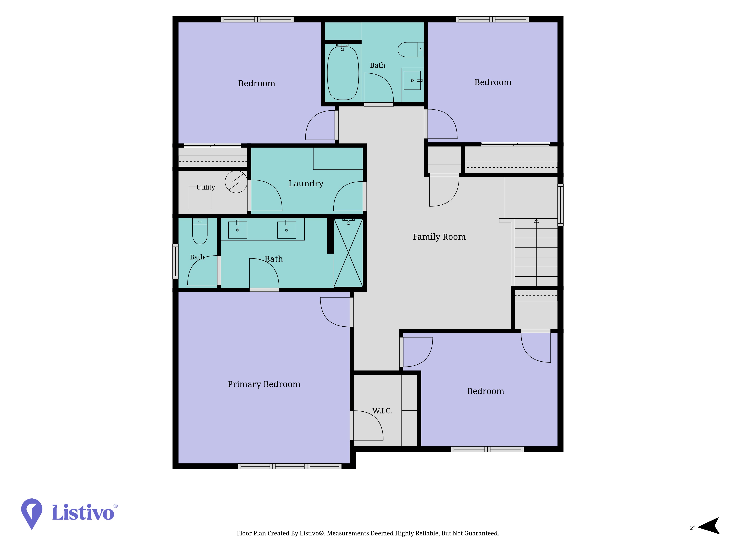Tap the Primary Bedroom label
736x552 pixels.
tap(264, 384)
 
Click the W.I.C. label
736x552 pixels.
tap(382, 411)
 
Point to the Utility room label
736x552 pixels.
tap(206, 187)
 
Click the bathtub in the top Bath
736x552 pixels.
tap(343, 73)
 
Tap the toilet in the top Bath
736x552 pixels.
tap(411, 49)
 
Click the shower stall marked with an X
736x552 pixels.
tap(348, 253)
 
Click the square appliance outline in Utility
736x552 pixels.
tap(200, 198)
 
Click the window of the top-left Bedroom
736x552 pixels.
tap(257, 19)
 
